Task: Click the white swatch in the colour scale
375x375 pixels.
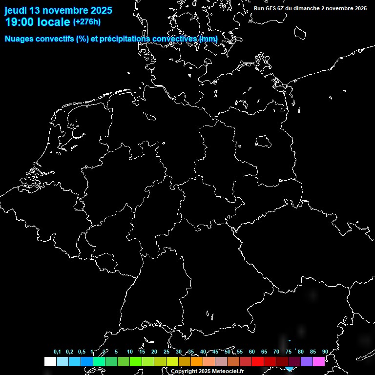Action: pos(50,361)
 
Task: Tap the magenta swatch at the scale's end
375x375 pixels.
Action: pos(319,361)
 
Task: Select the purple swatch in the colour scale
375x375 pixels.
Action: pos(307,361)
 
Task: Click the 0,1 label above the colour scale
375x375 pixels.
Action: pos(57,352)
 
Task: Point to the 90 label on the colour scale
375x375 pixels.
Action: pos(325,352)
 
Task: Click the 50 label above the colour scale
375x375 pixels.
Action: pos(228,352)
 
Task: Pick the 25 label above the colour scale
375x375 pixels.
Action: pos(167,352)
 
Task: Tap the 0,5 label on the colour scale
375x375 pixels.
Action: pos(82,352)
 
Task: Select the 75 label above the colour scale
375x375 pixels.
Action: pos(289,352)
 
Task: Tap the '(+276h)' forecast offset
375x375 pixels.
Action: pos(87,22)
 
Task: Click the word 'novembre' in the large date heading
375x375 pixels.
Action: pos(68,11)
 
